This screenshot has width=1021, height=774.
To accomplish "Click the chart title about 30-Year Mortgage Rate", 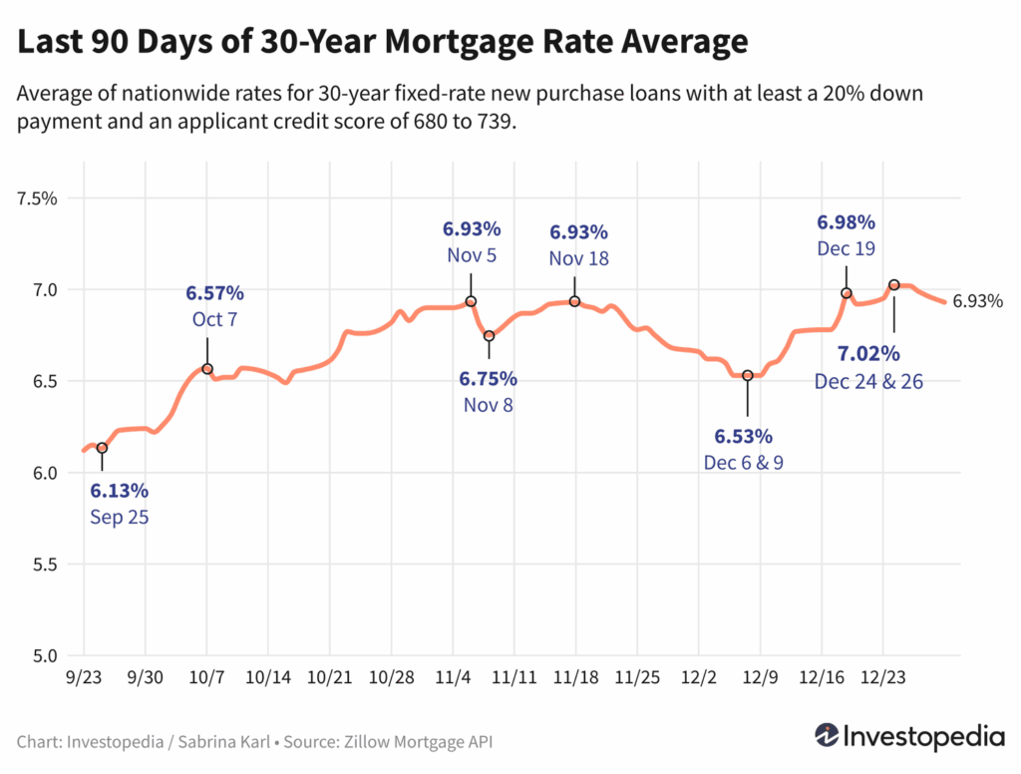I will click(x=383, y=42).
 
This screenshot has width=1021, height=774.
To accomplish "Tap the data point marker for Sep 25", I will click(x=102, y=448).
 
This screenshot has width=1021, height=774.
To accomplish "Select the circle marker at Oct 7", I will click(x=207, y=369).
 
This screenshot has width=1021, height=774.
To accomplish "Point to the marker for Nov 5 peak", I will click(x=471, y=301).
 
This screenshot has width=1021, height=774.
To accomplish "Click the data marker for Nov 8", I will click(x=489, y=336).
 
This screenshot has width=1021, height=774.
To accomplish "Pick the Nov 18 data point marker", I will click(x=575, y=301).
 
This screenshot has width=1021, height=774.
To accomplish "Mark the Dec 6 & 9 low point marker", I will click(x=747, y=375).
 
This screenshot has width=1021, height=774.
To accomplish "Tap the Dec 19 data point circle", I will click(x=847, y=293).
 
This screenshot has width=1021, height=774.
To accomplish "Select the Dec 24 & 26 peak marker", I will click(x=893, y=285).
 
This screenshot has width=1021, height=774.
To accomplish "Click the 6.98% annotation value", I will click(x=846, y=221).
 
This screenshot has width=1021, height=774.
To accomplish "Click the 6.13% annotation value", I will click(x=119, y=491).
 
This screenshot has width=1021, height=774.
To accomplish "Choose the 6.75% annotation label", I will click(x=488, y=379).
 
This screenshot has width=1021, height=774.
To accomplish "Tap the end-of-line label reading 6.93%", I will click(x=977, y=301).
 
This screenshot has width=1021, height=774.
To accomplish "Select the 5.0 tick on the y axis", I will click(x=42, y=656).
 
